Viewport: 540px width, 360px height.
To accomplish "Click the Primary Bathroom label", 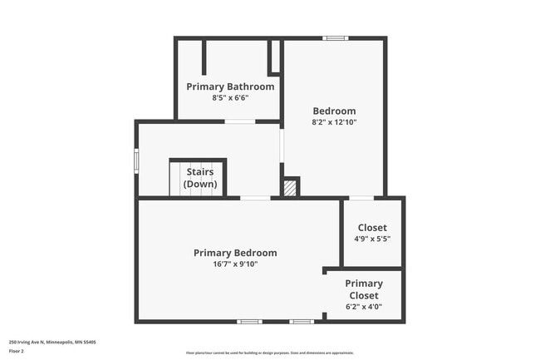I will tap(230, 86).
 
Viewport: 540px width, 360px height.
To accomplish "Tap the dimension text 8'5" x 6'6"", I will tap(230, 97).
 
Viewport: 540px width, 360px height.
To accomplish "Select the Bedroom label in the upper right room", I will tap(334, 111).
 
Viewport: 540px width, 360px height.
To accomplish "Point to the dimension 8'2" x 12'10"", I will tap(334, 122).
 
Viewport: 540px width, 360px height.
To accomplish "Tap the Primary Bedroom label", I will tap(235, 253).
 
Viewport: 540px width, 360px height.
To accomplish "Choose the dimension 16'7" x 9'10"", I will tap(235, 264).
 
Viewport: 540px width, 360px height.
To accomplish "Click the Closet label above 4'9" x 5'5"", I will tap(372, 228).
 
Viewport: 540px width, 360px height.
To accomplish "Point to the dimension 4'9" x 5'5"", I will tap(372, 239).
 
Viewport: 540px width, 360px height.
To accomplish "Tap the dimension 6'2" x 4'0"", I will tap(364, 306).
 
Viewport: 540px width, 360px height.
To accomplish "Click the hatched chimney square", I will tap(290, 188).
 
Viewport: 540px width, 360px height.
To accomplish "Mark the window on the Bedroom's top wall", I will tap(335, 37).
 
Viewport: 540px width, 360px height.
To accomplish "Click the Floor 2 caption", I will tap(17, 352).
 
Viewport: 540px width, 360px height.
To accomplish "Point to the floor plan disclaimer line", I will tap(269, 353).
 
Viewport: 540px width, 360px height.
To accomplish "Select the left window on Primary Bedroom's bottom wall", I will tap(249, 322).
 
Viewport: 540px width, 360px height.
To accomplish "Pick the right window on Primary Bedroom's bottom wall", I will tap(302, 322).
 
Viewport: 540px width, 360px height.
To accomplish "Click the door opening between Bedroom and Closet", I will tap(361, 198).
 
